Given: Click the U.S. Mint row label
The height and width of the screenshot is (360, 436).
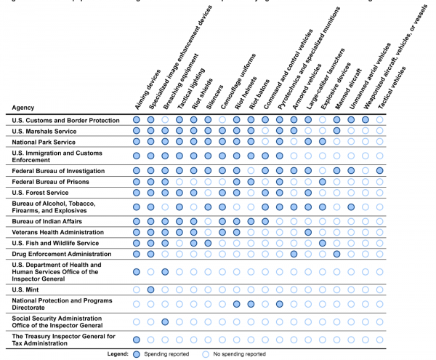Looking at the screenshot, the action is [25, 289].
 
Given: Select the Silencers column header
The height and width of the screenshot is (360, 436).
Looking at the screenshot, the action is [214, 97].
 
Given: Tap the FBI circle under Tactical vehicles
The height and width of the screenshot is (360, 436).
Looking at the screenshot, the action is [379, 170].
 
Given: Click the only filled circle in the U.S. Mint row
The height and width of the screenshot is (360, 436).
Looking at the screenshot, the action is [150, 289].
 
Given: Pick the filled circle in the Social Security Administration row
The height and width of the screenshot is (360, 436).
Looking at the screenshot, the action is [165, 322].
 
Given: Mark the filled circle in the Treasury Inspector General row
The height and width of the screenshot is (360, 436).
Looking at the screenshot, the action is [137, 340].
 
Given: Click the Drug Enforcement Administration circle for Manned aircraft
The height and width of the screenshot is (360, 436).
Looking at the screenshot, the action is [336, 254].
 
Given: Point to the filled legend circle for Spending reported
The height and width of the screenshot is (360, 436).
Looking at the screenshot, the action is [137, 354].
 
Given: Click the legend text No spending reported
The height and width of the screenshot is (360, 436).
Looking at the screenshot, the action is [239, 354].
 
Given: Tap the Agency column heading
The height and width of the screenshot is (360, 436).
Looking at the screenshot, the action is [23, 108].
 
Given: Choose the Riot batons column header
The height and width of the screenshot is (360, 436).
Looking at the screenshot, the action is [259, 95].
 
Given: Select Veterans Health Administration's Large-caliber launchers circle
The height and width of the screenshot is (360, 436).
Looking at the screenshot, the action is [308, 232].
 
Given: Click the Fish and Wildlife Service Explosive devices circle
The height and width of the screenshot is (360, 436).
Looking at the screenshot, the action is [323, 243].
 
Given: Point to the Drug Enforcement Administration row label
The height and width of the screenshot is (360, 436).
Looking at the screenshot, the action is [62, 254].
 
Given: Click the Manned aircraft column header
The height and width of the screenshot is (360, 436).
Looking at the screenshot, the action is [348, 89].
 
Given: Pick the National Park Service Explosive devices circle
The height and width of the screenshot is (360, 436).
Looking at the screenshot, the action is [323, 142].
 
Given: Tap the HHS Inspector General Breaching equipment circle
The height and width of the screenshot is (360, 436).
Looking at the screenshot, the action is [165, 272].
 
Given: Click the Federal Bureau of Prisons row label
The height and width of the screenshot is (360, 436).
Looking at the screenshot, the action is [50, 182].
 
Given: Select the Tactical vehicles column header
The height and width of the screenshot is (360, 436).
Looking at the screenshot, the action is [392, 87].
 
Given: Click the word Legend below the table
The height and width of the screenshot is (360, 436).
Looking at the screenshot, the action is [118, 354].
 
